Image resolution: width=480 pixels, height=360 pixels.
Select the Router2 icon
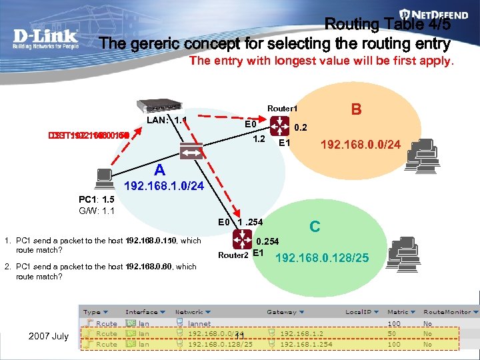pyautogui.click(x=242, y=239)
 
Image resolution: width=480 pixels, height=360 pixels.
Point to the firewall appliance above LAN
pyautogui.click(x=161, y=106)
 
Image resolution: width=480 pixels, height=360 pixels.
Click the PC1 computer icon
pyautogui.click(x=104, y=177)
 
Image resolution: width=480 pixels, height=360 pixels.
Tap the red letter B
pyautogui.click(x=356, y=108)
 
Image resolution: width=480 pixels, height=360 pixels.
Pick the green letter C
pyautogui.click(x=315, y=227)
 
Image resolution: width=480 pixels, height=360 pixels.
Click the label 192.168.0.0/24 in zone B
pyautogui.click(x=360, y=143)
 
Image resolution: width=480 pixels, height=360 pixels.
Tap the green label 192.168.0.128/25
pyautogui.click(x=322, y=257)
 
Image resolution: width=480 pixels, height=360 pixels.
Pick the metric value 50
pyautogui.click(x=391, y=333)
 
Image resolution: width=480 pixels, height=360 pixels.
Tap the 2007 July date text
pyautogui.click(x=48, y=335)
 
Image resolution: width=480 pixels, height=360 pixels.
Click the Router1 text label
pyautogui.click(x=282, y=108)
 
